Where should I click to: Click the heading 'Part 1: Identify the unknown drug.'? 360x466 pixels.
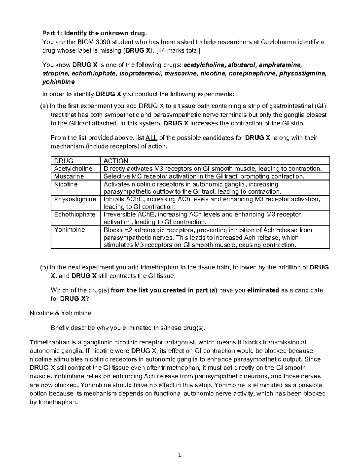95,33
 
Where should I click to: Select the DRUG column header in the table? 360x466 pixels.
63,161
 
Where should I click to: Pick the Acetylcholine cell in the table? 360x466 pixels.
73,169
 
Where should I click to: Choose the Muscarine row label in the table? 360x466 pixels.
69,176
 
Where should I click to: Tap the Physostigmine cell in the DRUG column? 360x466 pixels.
75,199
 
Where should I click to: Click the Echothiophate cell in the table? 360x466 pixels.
74,215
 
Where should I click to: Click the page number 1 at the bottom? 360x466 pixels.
180,455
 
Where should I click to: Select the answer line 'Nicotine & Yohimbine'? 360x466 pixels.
61,313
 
